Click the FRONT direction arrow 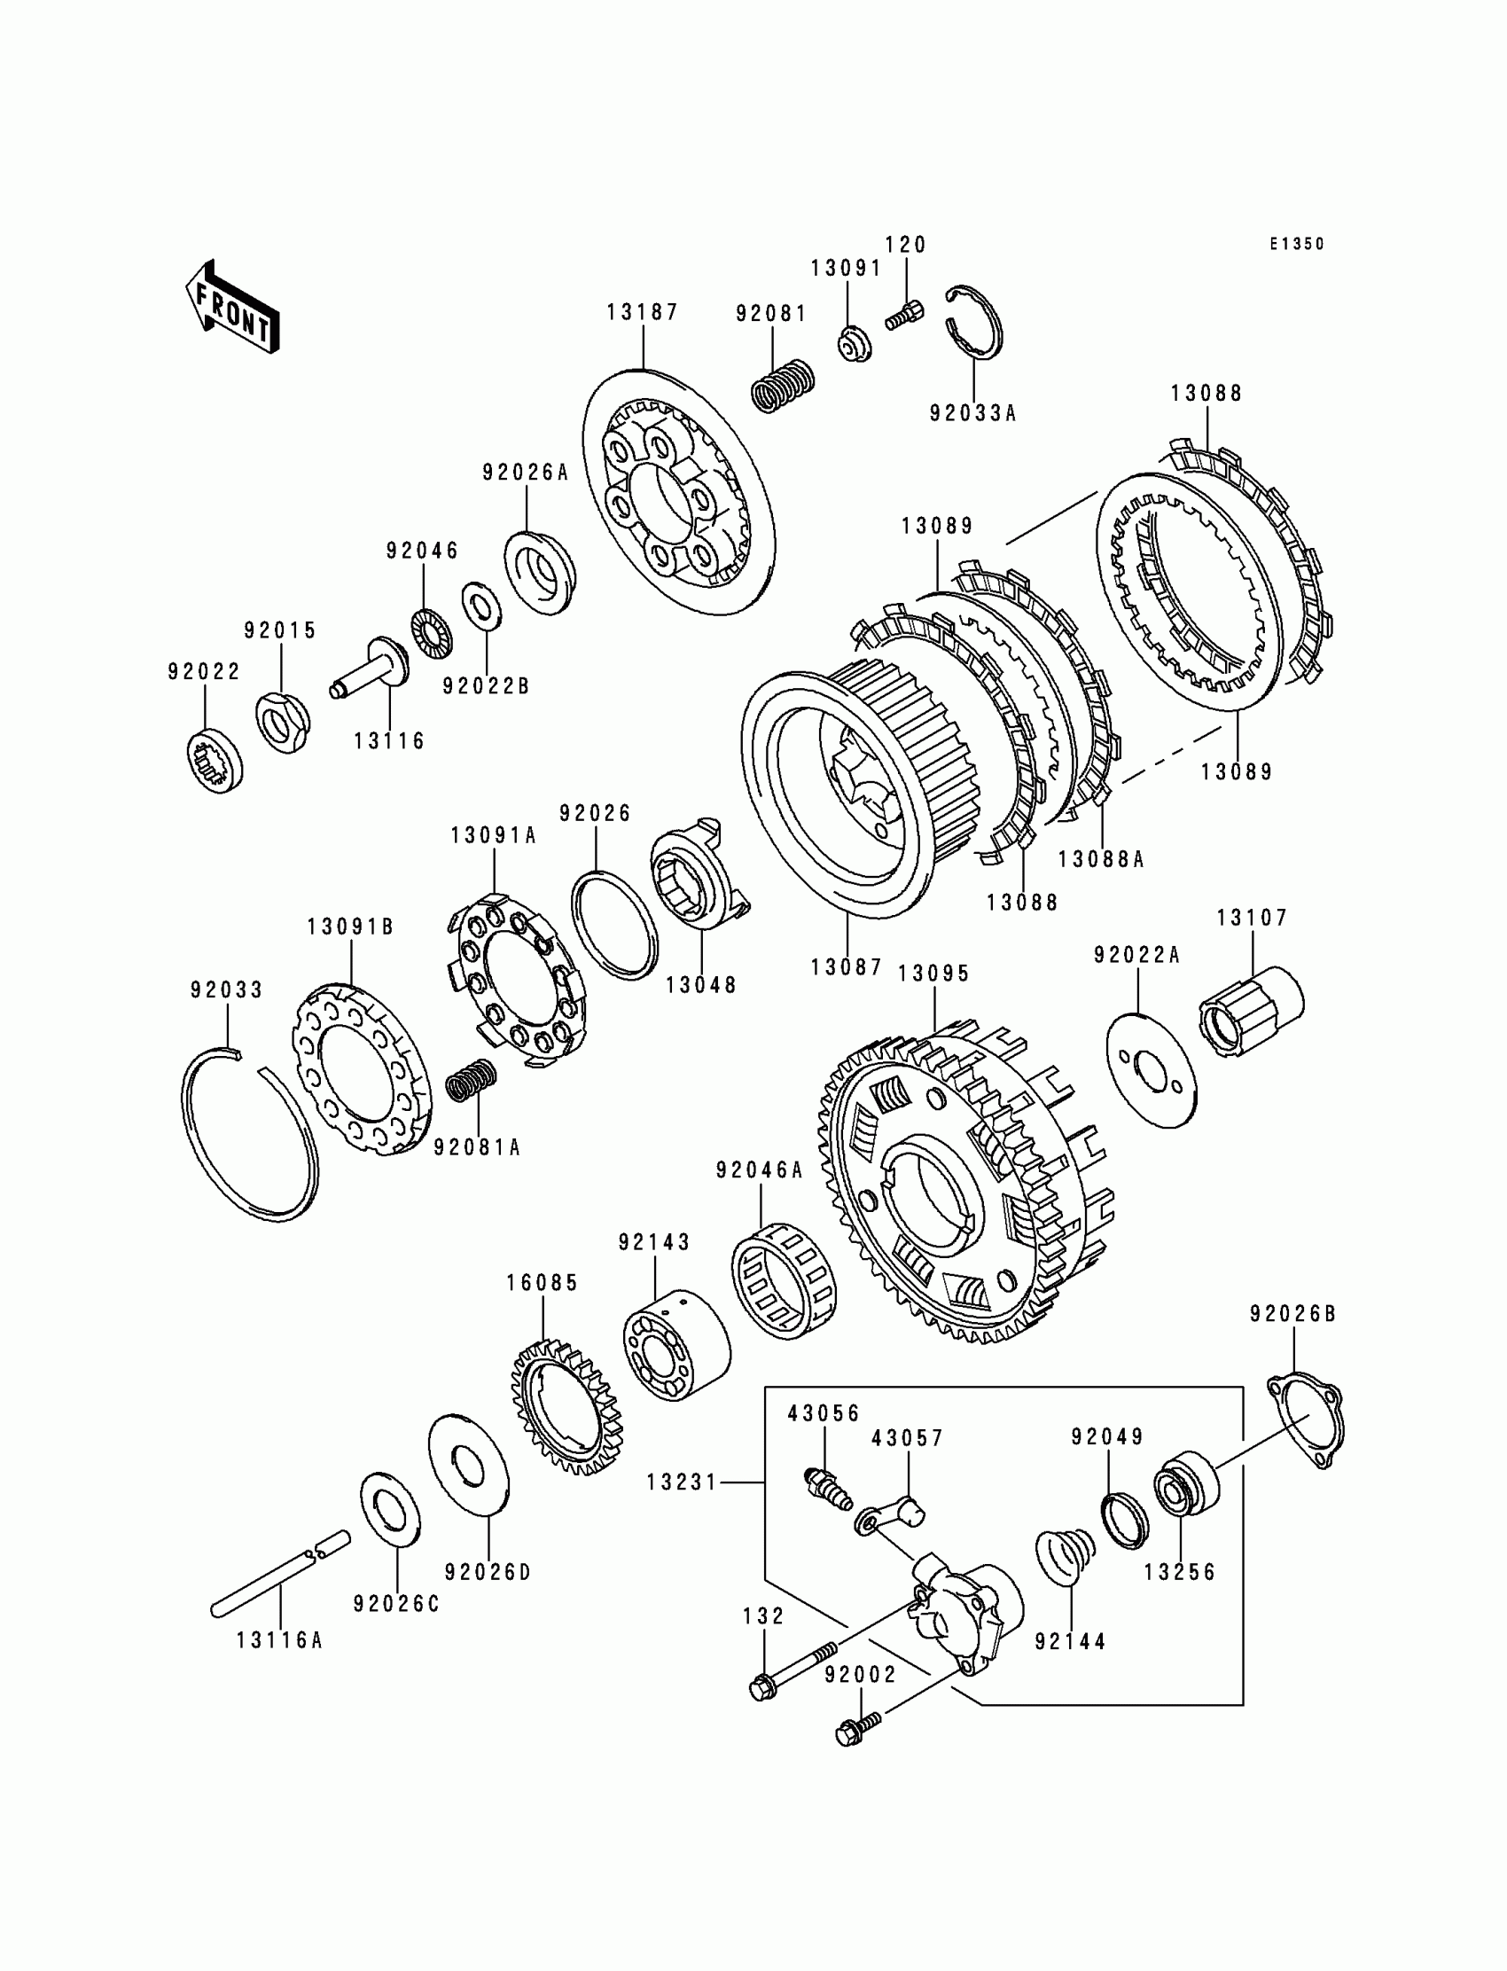231,308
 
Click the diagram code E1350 1296,244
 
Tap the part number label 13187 643,312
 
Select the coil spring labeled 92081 781,385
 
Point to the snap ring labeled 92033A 976,324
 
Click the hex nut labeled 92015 284,721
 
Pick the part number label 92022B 485,685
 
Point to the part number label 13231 682,1483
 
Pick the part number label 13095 933,974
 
